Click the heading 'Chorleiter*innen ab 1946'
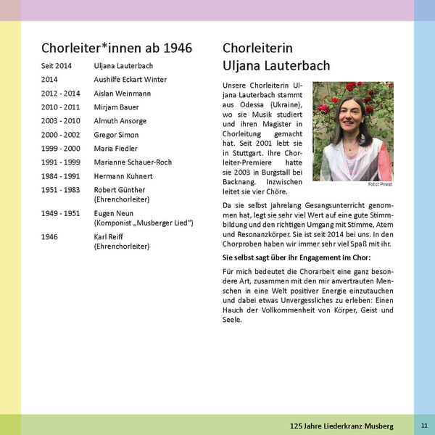coord(117,49)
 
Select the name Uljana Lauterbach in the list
coord(123,66)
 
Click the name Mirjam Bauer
coord(116,107)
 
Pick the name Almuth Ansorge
coord(120,121)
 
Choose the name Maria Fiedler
coord(116,149)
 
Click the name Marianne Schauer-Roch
coord(132,162)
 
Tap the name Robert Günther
coord(120,190)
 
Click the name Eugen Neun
coord(113,214)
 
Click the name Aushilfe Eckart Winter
coord(130,80)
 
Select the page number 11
coord(424,424)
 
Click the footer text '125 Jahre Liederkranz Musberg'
coord(341,424)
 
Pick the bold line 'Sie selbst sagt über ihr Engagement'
coord(297,257)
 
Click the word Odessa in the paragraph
coord(254,105)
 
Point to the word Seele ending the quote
coord(232,320)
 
